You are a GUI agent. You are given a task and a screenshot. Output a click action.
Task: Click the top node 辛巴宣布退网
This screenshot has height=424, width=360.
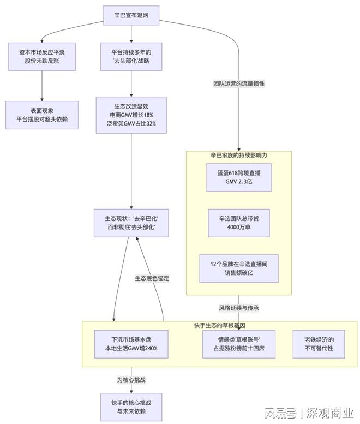click(x=131, y=15)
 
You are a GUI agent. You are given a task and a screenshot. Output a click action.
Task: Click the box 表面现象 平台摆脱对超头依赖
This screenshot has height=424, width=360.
click(x=42, y=114)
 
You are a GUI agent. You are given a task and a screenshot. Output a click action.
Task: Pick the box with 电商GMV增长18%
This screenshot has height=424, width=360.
click(x=131, y=115)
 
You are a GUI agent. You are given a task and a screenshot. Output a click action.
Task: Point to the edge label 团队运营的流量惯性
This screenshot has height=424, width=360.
click(x=239, y=84)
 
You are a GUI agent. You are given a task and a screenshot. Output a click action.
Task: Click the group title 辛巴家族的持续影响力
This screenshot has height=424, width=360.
click(x=239, y=156)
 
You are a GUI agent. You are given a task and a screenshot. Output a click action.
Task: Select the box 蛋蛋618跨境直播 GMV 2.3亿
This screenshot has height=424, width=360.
click(x=239, y=177)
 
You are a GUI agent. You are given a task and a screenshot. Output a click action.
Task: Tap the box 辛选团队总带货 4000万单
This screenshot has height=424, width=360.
click(x=239, y=223)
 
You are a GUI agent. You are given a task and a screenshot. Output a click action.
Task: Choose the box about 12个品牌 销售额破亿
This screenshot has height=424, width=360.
click(x=239, y=268)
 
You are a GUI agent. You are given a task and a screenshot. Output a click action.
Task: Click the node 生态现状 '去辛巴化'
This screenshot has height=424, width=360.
click(x=131, y=223)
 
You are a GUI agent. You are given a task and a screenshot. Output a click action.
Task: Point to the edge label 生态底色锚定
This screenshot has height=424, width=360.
click(x=152, y=278)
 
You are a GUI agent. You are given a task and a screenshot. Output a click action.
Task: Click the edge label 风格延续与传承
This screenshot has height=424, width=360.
click(x=239, y=308)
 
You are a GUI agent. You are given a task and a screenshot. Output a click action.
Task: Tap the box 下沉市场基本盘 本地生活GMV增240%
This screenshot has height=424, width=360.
click(x=131, y=344)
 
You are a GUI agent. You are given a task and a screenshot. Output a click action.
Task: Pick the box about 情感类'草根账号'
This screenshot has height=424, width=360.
click(x=239, y=344)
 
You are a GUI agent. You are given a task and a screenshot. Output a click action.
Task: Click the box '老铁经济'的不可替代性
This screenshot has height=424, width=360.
click(x=318, y=344)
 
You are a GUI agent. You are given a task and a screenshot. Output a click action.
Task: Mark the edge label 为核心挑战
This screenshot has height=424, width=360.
click(x=131, y=379)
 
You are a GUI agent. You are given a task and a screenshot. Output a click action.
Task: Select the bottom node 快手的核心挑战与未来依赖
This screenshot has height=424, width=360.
click(x=131, y=407)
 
